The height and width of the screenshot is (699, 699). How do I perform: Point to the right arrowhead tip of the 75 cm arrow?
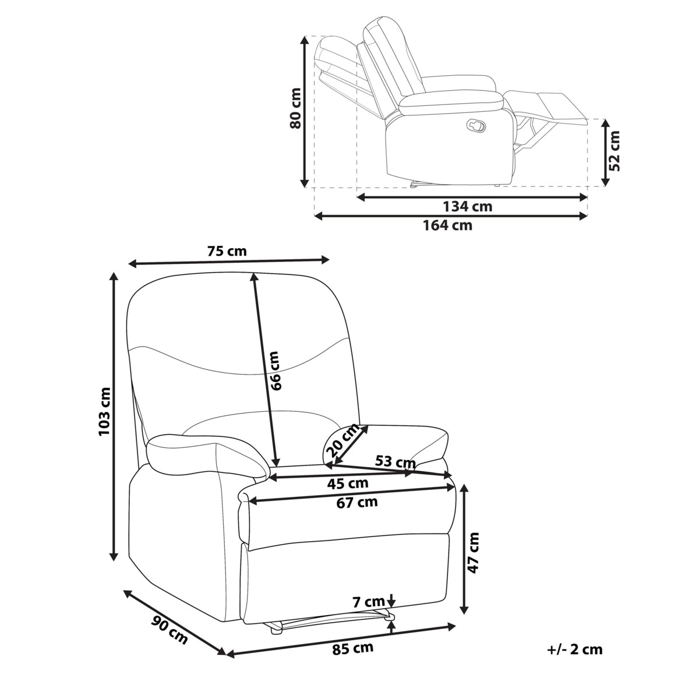point(329,259)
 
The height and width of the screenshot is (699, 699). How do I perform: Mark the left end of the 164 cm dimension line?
point(314,216)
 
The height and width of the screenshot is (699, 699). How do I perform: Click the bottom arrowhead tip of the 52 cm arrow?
point(605,186)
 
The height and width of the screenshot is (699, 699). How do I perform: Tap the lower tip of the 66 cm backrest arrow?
point(277,467)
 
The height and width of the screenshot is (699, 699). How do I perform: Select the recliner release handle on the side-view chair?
point(476,125)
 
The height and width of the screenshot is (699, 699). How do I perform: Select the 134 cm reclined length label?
point(468,207)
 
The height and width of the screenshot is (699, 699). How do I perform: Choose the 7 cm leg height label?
point(369,602)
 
